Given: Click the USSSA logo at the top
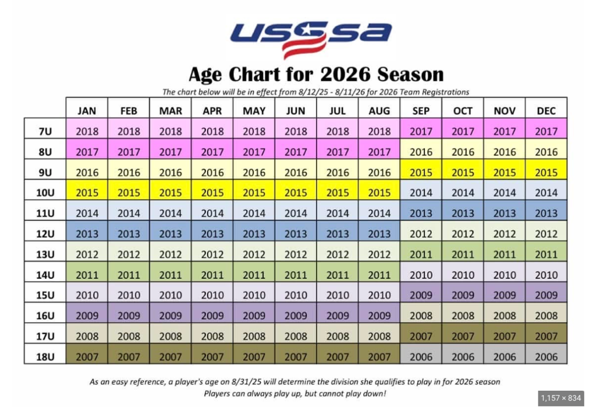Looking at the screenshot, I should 311,38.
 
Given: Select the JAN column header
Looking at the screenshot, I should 87,111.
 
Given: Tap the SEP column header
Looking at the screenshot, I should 421,111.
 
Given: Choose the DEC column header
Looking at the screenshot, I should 546,111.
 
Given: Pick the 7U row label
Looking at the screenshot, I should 45,131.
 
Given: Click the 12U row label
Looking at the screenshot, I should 45,234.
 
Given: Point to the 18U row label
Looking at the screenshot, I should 45,356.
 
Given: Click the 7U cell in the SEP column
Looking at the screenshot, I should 421,131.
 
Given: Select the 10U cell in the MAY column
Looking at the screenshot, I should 254,193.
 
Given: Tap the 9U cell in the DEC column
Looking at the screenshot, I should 546,172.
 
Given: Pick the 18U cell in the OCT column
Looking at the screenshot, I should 463,356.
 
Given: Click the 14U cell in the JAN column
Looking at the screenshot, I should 87,274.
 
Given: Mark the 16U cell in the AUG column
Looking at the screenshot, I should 379,316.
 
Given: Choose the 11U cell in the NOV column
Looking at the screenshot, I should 504,213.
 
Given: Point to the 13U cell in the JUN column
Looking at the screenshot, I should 296,254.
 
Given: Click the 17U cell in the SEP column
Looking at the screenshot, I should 421,336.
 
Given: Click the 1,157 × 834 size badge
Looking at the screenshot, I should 560,398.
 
